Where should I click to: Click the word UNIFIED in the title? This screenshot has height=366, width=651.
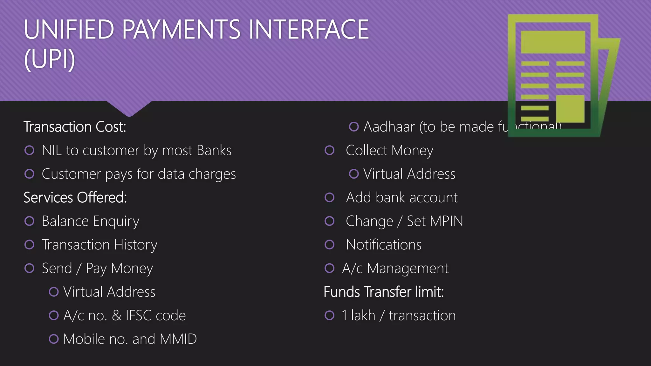click(x=69, y=30)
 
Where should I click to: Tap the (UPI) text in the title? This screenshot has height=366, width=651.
click(x=50, y=59)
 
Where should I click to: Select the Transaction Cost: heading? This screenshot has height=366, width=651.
click(x=75, y=127)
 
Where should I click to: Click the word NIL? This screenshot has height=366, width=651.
click(x=51, y=150)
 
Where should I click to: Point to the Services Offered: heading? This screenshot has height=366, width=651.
click(x=75, y=198)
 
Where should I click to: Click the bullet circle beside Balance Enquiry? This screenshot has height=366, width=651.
click(x=30, y=221)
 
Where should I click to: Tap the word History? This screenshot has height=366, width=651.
click(x=136, y=245)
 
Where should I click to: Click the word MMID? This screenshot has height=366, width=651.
click(x=178, y=339)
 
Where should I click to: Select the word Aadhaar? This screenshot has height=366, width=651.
click(x=389, y=127)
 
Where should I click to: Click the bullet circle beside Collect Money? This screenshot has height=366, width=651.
click(x=330, y=150)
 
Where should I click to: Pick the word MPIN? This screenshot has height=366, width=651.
click(x=446, y=221)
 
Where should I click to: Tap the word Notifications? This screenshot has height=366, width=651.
click(x=384, y=245)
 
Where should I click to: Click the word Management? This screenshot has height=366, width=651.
click(x=408, y=268)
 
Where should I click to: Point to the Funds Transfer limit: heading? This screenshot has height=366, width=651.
click(x=384, y=292)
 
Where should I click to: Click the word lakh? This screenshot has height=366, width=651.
click(x=363, y=315)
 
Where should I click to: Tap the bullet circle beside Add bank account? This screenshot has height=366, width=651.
click(x=330, y=198)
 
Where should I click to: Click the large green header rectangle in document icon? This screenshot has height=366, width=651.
click(x=553, y=42)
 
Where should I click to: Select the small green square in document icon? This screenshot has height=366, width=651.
click(x=570, y=108)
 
